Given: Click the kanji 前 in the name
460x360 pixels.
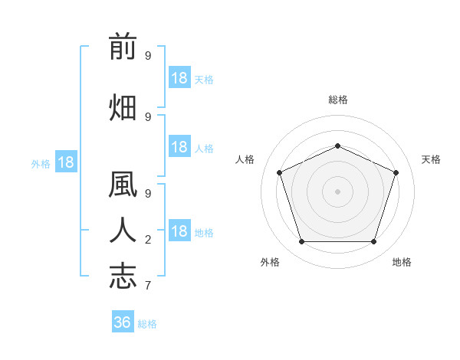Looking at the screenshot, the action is point(123,46).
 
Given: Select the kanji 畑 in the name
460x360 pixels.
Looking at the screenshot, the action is point(123,107).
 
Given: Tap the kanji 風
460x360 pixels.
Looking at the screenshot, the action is point(123,184).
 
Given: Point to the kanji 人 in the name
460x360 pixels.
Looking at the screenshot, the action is point(123,230).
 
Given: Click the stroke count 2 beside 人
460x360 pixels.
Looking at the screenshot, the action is point(148,240).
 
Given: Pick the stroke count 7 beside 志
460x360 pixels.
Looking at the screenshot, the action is point(148,286).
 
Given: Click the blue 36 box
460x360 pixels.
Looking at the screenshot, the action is point(123,321).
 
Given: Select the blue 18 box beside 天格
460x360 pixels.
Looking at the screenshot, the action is point(179,77).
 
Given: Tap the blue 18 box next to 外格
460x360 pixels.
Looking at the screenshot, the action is point(66,162).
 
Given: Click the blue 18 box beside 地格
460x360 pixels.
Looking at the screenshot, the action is point(179,230).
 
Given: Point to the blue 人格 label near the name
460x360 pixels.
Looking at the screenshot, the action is point(204,149).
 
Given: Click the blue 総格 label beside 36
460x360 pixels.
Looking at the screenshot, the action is point(147,324).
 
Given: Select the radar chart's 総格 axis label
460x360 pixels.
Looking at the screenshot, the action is point(338,100).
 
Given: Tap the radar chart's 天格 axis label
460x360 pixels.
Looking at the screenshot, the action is point(431,159).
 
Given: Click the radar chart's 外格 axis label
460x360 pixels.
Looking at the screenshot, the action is point(270,262).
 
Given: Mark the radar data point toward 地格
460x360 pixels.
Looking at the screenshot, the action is point(373,241).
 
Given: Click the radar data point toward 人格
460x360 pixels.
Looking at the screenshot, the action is point(279,172).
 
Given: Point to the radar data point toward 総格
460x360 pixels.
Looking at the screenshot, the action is point(337,146).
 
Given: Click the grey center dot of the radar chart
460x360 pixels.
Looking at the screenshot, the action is point(337,191).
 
